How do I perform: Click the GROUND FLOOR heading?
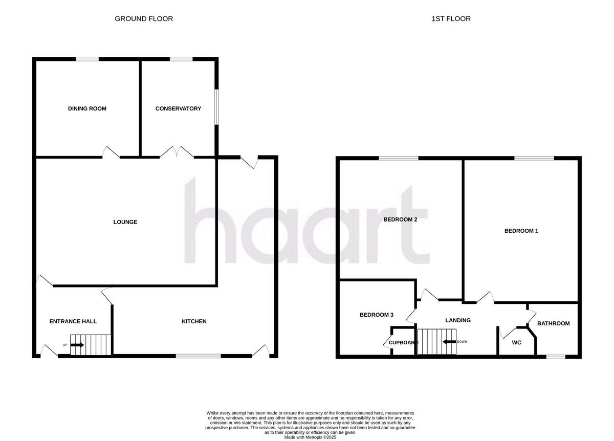coord(144,19)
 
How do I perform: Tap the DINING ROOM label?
coord(87,108)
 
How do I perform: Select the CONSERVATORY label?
coord(178,108)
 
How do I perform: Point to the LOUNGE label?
coord(125,222)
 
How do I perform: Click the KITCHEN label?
coord(194,321)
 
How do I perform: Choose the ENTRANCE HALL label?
coord(73,321)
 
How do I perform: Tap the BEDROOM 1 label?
coord(521,231)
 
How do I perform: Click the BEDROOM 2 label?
coord(401,220)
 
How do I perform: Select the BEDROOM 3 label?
coord(376,315)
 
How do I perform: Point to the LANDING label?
coord(457,320)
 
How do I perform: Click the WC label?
coord(517,343)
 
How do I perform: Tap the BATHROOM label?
coord(553,323)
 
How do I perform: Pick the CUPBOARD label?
coord(404,343)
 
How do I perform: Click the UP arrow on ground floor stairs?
coord(77,345)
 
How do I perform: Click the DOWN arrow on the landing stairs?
coord(449,342)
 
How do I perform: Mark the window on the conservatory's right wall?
coord(217,107)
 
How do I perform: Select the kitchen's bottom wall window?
coord(199,356)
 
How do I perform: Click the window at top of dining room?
coord(87,59)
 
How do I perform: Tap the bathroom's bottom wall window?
coord(556,356)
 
